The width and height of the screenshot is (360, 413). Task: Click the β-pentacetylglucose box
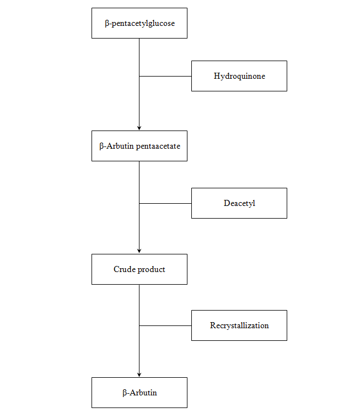pos(139,23)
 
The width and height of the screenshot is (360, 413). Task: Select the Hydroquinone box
pos(239,76)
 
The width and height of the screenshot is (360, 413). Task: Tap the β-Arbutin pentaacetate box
pos(139,146)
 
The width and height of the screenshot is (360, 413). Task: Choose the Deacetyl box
pos(239,203)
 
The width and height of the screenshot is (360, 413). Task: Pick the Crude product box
pos(139,269)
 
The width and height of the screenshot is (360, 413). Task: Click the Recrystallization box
pos(239,325)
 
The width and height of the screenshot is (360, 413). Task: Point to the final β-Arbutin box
pos(139,393)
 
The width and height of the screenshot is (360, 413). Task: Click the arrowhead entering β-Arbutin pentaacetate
pos(139,128)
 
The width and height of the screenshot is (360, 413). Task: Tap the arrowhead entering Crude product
pos(139,251)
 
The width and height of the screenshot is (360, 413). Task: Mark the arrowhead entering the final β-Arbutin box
pos(139,374)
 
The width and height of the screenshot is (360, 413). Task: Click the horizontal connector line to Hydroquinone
pos(165,76)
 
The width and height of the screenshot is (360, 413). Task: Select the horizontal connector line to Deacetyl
pos(165,203)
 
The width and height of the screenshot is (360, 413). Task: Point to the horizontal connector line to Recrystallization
pos(165,325)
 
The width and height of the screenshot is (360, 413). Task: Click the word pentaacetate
pos(158,146)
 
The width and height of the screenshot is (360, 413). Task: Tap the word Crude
pos(124,269)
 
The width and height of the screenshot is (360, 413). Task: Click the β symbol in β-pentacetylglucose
pos(107,24)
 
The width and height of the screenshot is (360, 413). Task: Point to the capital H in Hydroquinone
pos(217,76)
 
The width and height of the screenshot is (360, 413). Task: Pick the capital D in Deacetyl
pos(227,203)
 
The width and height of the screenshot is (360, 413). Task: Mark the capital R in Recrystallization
pos(213,325)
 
